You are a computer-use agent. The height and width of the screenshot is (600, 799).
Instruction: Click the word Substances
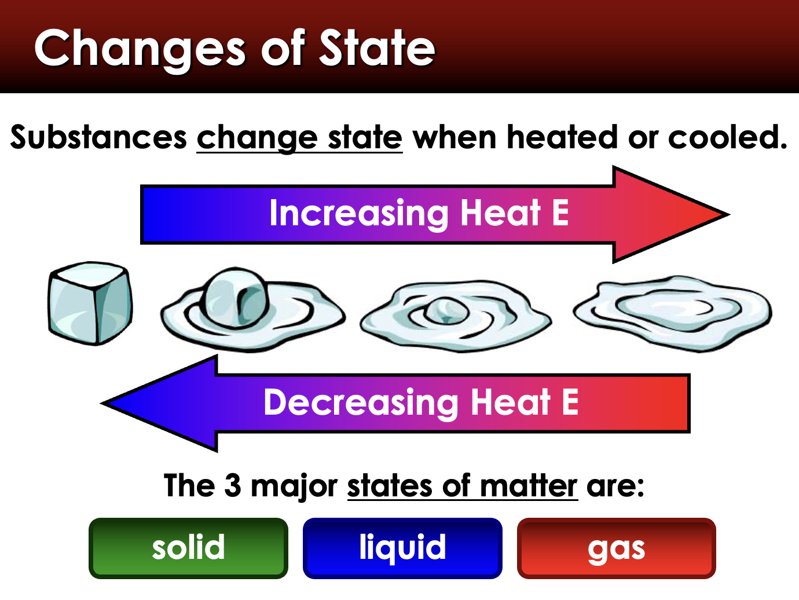click(98, 138)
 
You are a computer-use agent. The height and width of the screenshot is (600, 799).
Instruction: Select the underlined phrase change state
click(299, 138)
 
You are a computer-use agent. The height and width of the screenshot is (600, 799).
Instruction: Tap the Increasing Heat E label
click(419, 213)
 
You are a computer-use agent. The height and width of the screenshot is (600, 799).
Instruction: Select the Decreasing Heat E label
click(421, 403)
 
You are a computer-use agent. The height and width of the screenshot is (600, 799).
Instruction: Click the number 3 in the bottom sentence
click(232, 485)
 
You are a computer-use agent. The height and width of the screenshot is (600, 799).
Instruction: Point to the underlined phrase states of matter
click(462, 485)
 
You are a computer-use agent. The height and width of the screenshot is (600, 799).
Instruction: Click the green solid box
click(188, 548)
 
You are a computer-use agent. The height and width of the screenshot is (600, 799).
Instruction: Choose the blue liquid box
click(402, 548)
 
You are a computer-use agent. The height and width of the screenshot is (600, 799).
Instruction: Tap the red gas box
click(616, 548)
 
